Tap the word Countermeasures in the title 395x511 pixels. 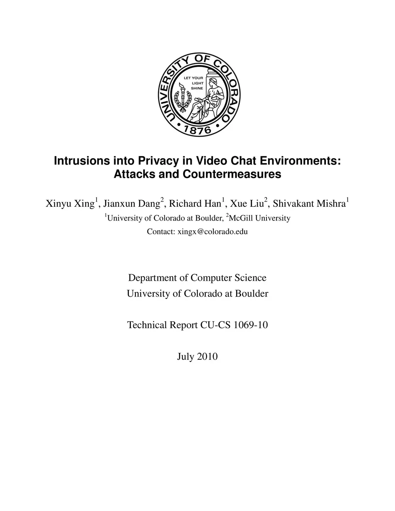coord(231,174)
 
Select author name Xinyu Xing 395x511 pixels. coord(70,204)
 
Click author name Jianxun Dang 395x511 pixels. coord(132,204)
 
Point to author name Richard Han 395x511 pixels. coord(195,204)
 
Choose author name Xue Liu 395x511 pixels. coord(246,204)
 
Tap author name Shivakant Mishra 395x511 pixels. coord(309,204)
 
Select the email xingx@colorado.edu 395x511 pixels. coord(212,232)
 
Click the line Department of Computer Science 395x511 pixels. coord(197,278)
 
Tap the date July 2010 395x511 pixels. coord(197,356)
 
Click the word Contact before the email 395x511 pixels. coord(160,232)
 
